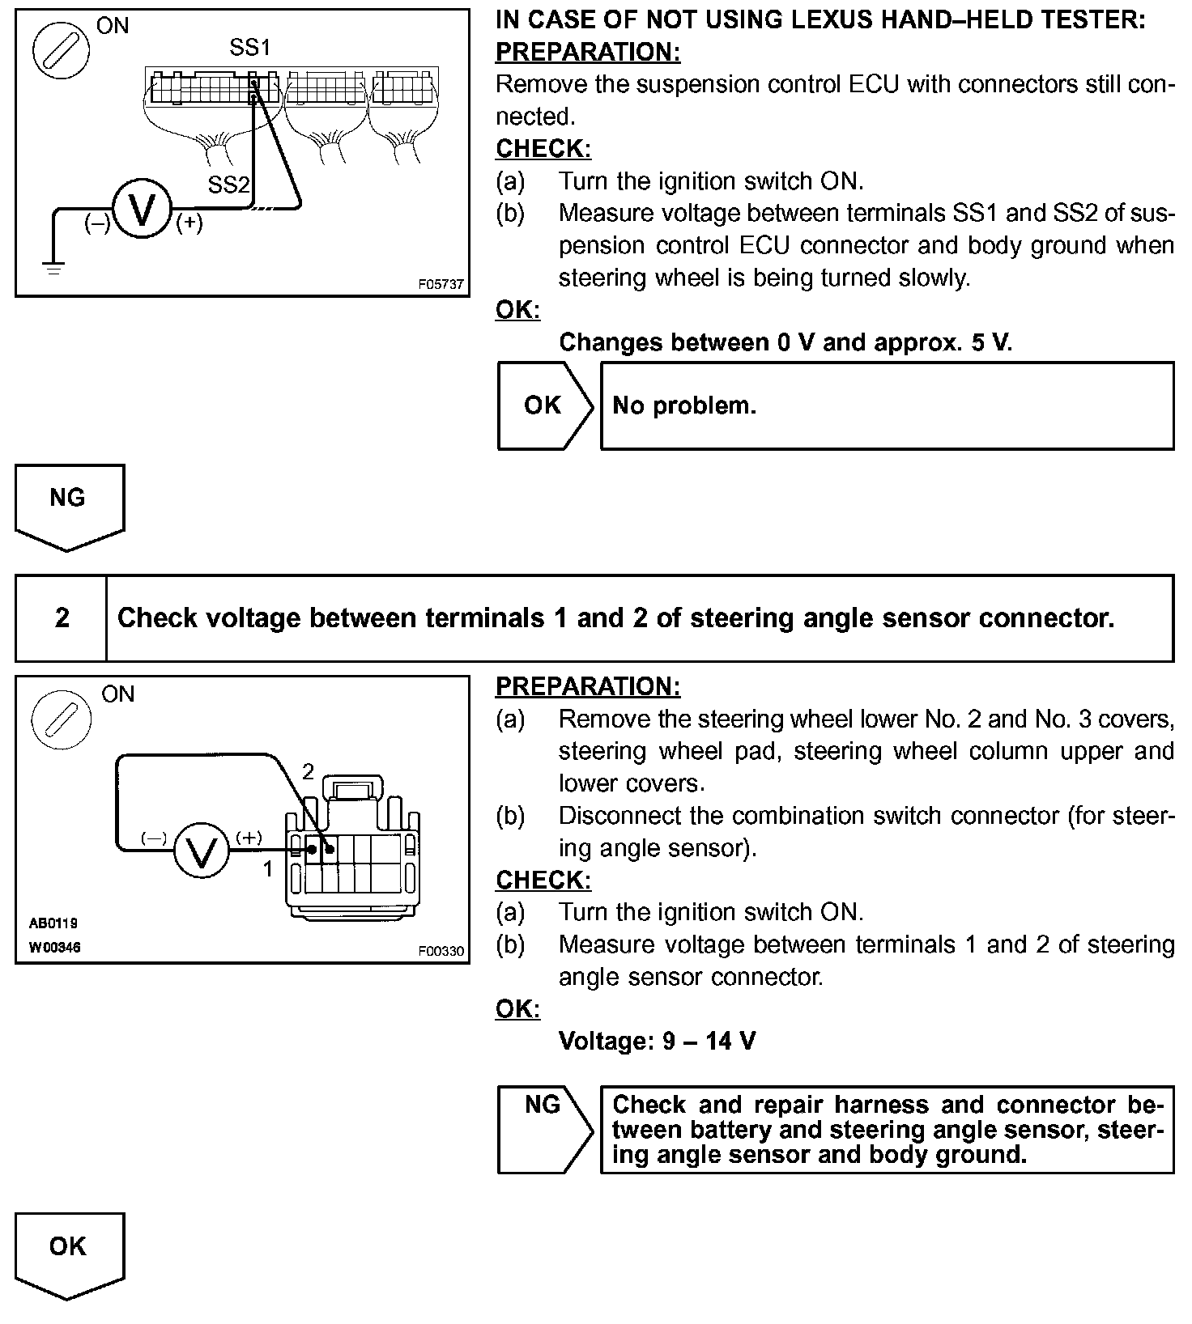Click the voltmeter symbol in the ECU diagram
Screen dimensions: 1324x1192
pyautogui.click(x=142, y=209)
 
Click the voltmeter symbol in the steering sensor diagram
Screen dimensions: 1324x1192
pyautogui.click(x=202, y=849)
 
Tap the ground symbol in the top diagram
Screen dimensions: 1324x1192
pyautogui.click(x=54, y=269)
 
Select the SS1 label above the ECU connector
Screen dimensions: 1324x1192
pyautogui.click(x=249, y=48)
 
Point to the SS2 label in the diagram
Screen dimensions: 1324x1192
pyautogui.click(x=228, y=185)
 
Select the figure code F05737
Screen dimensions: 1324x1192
pyautogui.click(x=441, y=285)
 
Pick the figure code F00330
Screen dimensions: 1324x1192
pyautogui.click(x=441, y=952)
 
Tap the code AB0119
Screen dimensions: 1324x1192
pyautogui.click(x=53, y=923)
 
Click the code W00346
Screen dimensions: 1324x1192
pyautogui.click(x=54, y=947)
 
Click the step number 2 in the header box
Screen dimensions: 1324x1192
pyautogui.click(x=62, y=618)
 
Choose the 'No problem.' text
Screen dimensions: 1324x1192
pyautogui.click(x=684, y=405)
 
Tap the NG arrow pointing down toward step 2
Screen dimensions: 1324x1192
pyautogui.click(x=68, y=507)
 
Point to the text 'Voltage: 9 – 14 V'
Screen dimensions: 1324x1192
pyautogui.click(x=658, y=1041)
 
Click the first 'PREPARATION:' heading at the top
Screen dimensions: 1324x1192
pyautogui.click(x=588, y=52)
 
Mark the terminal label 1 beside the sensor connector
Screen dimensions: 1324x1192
pyautogui.click(x=268, y=869)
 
